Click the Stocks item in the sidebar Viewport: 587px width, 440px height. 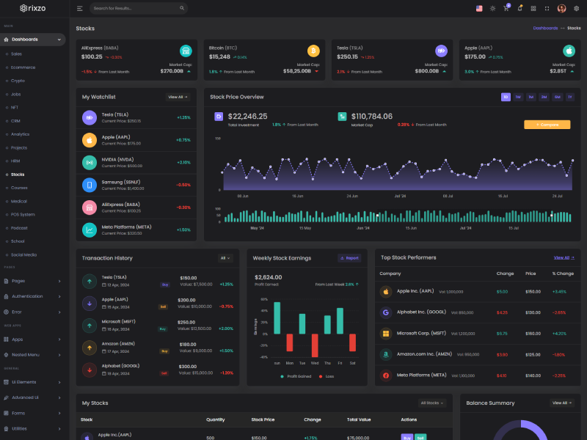tap(18, 175)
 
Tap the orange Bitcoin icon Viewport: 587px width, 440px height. tap(313, 51)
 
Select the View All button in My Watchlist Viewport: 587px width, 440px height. tap(178, 97)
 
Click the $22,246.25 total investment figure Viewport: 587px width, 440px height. tap(247, 116)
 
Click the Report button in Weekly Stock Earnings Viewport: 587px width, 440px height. tap(349, 258)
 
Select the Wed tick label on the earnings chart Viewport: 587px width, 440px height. tap(314, 363)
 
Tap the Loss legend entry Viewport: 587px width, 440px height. tap(329, 376)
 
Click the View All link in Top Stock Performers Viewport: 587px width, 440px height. tap(563, 258)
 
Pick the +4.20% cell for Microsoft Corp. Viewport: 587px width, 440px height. tap(559, 334)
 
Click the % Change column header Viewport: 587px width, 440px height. tap(563, 274)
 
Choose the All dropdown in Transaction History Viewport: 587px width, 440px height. tap(225, 258)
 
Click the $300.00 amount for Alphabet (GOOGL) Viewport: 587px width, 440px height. tap(188, 366)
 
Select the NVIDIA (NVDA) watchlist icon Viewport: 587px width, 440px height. tap(89, 163)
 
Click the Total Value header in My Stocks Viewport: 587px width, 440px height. tap(358, 420)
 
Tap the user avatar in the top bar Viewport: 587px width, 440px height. tap(562, 8)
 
